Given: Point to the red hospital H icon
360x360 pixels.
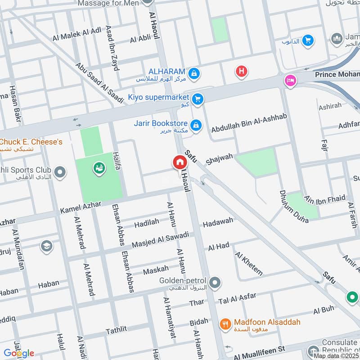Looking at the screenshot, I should click(242, 71).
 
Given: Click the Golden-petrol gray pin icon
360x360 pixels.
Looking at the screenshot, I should click(216, 283).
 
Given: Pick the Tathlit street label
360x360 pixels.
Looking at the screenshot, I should click(117, 331).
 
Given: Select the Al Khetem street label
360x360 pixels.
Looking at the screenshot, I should click(248, 263).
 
